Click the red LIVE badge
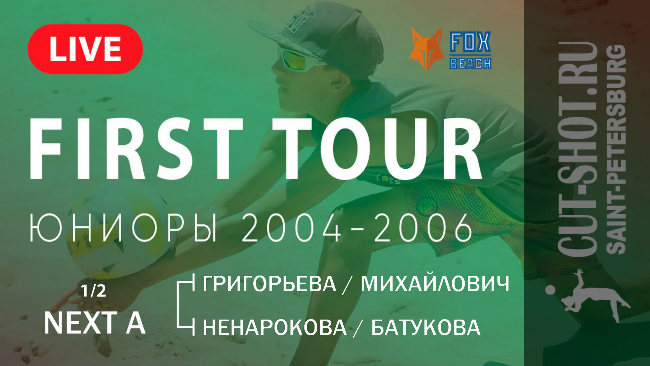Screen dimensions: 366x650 [x=85, y=49]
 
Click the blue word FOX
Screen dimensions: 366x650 [x=470, y=41]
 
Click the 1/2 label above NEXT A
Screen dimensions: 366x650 [x=93, y=291]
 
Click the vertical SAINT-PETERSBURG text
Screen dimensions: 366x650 [x=616, y=149]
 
